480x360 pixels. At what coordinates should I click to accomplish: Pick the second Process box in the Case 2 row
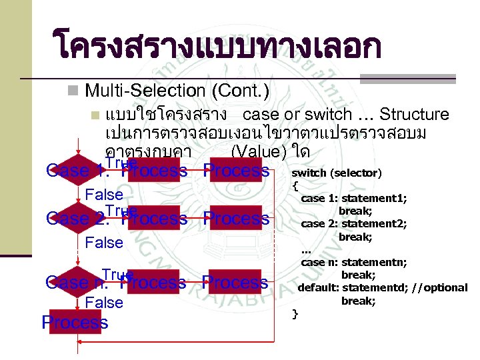click(x=236, y=218)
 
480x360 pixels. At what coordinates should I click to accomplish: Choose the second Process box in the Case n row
click(x=236, y=283)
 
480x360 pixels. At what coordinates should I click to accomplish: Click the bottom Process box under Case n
click(x=75, y=323)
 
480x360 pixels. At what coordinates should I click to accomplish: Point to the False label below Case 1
click(x=105, y=195)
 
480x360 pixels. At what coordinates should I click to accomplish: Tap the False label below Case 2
click(x=105, y=243)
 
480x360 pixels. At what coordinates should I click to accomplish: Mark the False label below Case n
click(x=105, y=303)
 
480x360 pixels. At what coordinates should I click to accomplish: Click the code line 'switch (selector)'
click(x=337, y=173)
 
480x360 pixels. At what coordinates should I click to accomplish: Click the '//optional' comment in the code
click(x=440, y=287)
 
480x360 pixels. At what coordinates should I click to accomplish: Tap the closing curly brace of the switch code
click(x=295, y=313)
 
